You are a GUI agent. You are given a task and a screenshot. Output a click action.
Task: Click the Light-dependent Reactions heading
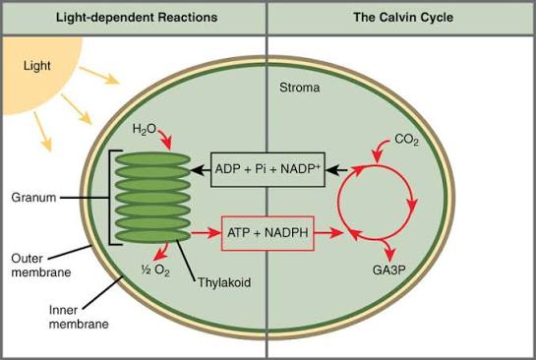pyautogui.click(x=137, y=18)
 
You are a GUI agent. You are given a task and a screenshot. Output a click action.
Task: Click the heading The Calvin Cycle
pyautogui.click(x=403, y=17)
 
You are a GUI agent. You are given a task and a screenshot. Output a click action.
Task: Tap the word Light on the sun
pyautogui.click(x=37, y=66)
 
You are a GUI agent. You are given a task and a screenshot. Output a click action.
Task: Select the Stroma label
pyautogui.click(x=299, y=88)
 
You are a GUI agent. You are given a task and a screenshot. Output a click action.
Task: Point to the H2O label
pyautogui.click(x=144, y=130)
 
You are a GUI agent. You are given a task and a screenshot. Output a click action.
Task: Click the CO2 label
pyautogui.click(x=406, y=140)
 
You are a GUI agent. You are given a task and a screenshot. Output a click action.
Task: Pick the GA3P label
pyautogui.click(x=389, y=270)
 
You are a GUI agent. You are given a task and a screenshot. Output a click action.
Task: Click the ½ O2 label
pyautogui.click(x=155, y=270)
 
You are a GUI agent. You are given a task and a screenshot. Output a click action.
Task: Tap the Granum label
pyautogui.click(x=33, y=198)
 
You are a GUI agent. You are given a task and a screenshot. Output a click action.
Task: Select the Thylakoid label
pyautogui.click(x=224, y=282)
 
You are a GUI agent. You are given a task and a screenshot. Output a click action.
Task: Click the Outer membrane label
pyautogui.click(x=41, y=266)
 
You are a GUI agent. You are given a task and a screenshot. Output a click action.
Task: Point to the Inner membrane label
pyautogui.click(x=79, y=317)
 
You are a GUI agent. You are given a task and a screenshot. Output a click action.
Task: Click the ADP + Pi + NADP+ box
pyautogui.click(x=268, y=169)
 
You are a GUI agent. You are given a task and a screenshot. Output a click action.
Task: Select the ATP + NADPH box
pyautogui.click(x=268, y=233)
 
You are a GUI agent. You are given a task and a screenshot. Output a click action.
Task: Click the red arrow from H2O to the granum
pyautogui.click(x=165, y=137)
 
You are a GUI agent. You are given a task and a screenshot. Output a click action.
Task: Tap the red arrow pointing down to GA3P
pyautogui.click(x=388, y=249)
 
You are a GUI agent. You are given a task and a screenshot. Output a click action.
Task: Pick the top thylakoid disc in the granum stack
pyautogui.click(x=152, y=159)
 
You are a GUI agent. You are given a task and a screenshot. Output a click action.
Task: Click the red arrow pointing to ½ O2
pyautogui.click(x=161, y=252)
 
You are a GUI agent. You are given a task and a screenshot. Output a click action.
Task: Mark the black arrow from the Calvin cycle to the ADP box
pyautogui.click(x=336, y=169)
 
